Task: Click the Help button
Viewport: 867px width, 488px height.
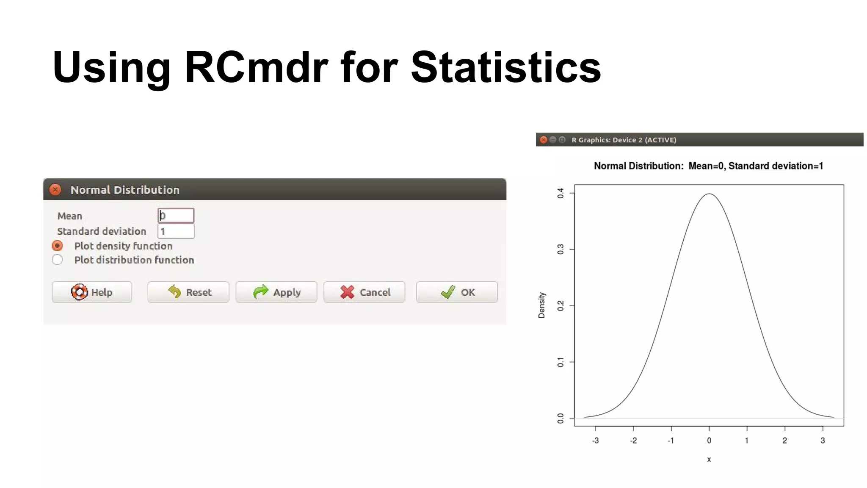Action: tap(92, 292)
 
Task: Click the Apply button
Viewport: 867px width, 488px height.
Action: tap(276, 292)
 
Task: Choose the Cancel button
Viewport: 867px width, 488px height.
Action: tap(364, 292)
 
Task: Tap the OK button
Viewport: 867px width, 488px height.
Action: tap(457, 292)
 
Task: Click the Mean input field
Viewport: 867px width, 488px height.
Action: tap(176, 216)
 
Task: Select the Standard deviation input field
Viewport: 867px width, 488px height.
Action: tap(176, 231)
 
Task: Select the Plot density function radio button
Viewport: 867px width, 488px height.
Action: tap(57, 246)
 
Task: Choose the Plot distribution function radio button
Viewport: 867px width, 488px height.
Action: tap(57, 260)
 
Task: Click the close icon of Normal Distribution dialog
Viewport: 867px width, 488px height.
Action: tap(55, 189)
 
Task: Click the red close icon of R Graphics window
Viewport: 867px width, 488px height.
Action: tap(544, 140)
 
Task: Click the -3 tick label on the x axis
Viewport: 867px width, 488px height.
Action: tap(595, 441)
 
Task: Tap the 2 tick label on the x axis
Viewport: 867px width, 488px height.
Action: tap(784, 441)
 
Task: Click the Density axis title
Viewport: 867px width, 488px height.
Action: tap(542, 305)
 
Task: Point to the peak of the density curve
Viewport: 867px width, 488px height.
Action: tap(709, 194)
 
